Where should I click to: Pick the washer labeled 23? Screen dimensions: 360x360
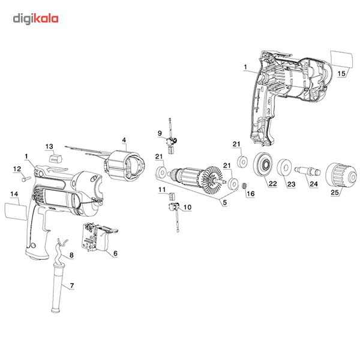point(286,168)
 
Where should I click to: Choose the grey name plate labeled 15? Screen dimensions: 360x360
point(343,60)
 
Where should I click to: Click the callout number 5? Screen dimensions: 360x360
point(225,202)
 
